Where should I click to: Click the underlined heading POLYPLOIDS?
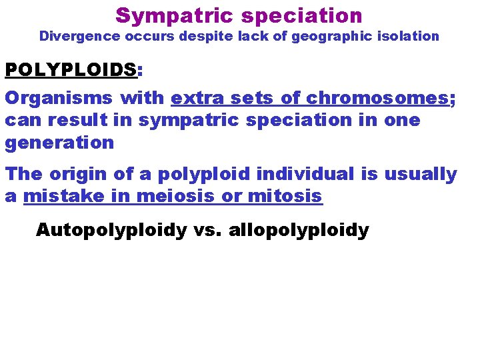click(x=70, y=69)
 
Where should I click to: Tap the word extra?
click(x=193, y=98)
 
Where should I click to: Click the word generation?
click(x=59, y=142)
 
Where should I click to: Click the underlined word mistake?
click(x=61, y=197)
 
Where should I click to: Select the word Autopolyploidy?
click(x=112, y=231)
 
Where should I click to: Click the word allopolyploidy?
click(x=298, y=231)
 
